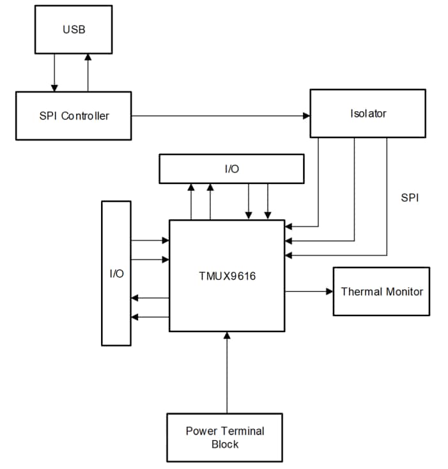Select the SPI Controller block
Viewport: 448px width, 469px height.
[x=73, y=116]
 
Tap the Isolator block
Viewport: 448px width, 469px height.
[x=367, y=113]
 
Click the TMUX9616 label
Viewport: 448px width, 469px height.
[x=227, y=276]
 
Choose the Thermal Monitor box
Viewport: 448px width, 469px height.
[x=382, y=291]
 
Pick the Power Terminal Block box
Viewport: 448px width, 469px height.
[x=224, y=437]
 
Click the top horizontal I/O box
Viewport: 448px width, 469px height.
[x=231, y=169]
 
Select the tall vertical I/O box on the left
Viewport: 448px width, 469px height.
[x=116, y=273]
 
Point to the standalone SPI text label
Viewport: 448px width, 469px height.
[x=410, y=198]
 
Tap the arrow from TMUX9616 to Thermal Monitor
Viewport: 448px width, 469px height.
[x=309, y=291]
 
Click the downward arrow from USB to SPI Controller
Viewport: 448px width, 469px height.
[x=55, y=72]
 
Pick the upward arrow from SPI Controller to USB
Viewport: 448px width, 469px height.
[x=88, y=72]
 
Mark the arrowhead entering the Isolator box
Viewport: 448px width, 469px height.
[x=307, y=116]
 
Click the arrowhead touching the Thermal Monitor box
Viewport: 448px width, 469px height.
[x=330, y=291]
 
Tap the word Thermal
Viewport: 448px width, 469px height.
[x=361, y=291]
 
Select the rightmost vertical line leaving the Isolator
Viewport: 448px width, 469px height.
[x=386, y=192]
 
